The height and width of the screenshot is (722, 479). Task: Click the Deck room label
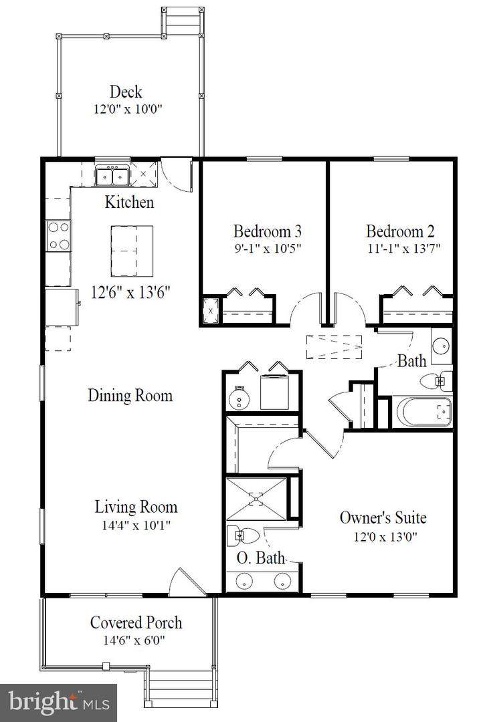coord(126,92)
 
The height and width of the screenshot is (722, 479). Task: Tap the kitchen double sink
coord(112,176)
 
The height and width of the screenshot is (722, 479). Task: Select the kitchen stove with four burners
coord(58,236)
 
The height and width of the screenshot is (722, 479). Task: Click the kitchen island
coord(132,251)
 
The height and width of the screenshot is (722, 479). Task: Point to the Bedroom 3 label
coord(268,231)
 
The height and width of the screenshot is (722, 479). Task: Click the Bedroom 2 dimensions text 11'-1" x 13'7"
coord(404,248)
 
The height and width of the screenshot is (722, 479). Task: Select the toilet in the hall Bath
coord(436,380)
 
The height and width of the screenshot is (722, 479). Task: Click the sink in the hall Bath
coord(442,345)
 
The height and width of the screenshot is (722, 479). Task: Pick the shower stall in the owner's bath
coord(256,499)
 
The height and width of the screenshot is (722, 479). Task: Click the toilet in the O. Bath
coord(244,536)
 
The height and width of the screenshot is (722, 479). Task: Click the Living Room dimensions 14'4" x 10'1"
coord(136,525)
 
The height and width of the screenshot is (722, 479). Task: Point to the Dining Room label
coord(130,395)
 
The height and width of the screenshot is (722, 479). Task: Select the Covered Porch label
coord(136,622)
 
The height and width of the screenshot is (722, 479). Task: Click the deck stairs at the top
coord(183,21)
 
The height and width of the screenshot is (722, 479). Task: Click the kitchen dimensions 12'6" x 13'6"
coord(131,292)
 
